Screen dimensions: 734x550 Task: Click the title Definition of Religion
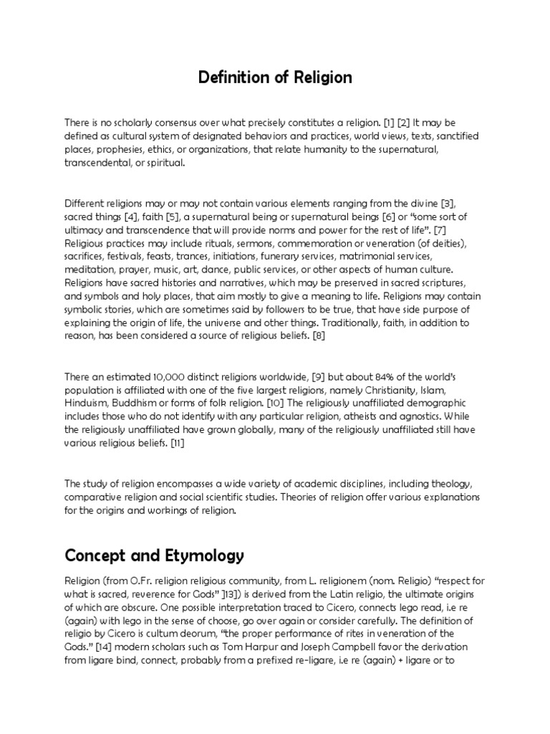pos(275,77)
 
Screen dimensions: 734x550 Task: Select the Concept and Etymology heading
pos(154,556)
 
